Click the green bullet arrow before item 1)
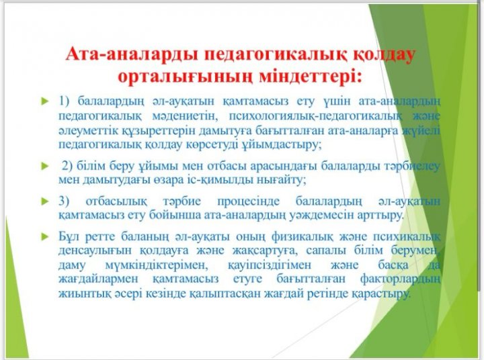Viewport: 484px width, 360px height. point(45,101)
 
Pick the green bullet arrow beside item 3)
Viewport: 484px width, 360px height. point(45,201)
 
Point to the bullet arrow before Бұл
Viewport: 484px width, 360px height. point(45,236)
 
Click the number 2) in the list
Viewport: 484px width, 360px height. point(67,166)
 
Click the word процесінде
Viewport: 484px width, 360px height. point(249,201)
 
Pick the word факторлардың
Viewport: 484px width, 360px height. point(400,279)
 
